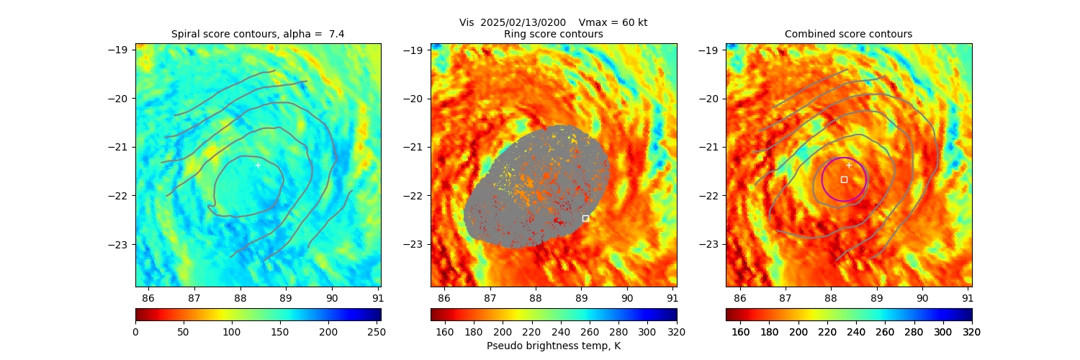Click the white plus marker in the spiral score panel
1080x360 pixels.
coord(258,165)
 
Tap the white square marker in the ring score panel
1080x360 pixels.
coord(585,218)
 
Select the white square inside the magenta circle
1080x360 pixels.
coord(844,179)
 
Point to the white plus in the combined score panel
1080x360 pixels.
coord(849,165)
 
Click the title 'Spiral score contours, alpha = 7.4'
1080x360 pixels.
coord(258,34)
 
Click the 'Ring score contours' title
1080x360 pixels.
coord(554,34)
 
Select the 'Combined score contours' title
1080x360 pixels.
coord(848,34)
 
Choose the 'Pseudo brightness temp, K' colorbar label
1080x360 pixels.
coord(554,346)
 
